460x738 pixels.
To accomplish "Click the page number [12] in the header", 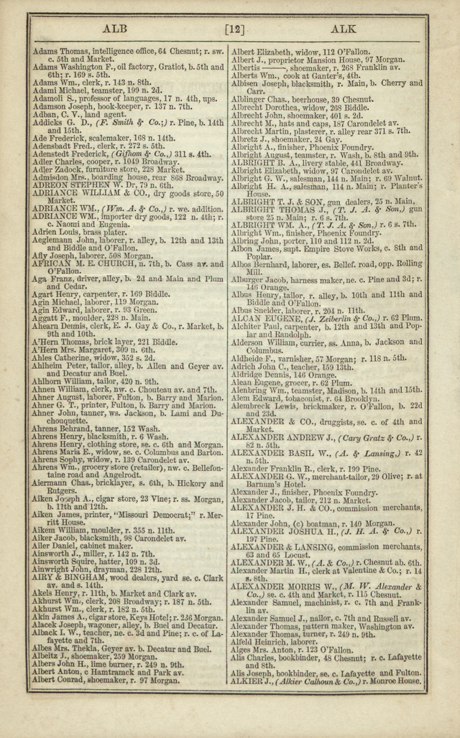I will (x=234, y=29).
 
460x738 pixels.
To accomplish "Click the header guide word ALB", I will (x=114, y=29).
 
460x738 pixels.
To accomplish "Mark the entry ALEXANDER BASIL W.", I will (x=287, y=454).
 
